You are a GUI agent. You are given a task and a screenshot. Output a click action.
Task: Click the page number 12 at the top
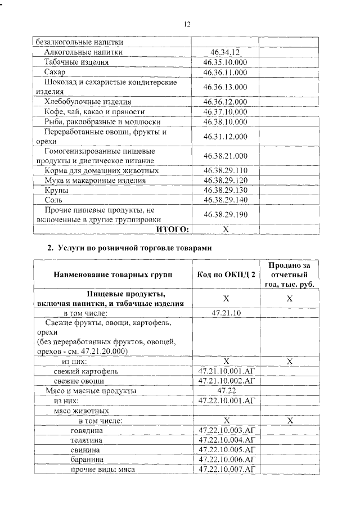tap(187, 24)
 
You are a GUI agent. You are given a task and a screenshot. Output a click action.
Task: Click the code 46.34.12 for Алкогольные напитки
tap(225, 52)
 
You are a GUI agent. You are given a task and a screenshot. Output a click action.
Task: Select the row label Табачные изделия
tap(76, 62)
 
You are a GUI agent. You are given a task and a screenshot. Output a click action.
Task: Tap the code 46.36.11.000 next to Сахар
tap(225, 72)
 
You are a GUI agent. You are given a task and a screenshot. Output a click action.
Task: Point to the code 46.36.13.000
tap(225, 87)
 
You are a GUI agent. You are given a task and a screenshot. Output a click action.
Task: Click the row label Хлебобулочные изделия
tap(88, 102)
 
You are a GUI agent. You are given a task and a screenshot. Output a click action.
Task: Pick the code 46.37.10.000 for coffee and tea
tap(225, 111)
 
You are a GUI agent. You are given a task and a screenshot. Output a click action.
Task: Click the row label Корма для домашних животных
tap(101, 170)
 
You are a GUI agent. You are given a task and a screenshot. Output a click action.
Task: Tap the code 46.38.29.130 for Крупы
tap(225, 190)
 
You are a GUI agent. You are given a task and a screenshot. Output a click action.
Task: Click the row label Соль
tap(53, 200)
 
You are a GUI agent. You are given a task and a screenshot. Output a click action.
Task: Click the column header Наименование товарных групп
tap(113, 274)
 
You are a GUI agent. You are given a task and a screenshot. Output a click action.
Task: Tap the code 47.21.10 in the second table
tap(225, 313)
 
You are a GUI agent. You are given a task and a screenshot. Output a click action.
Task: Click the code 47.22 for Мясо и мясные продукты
tap(225, 391)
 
